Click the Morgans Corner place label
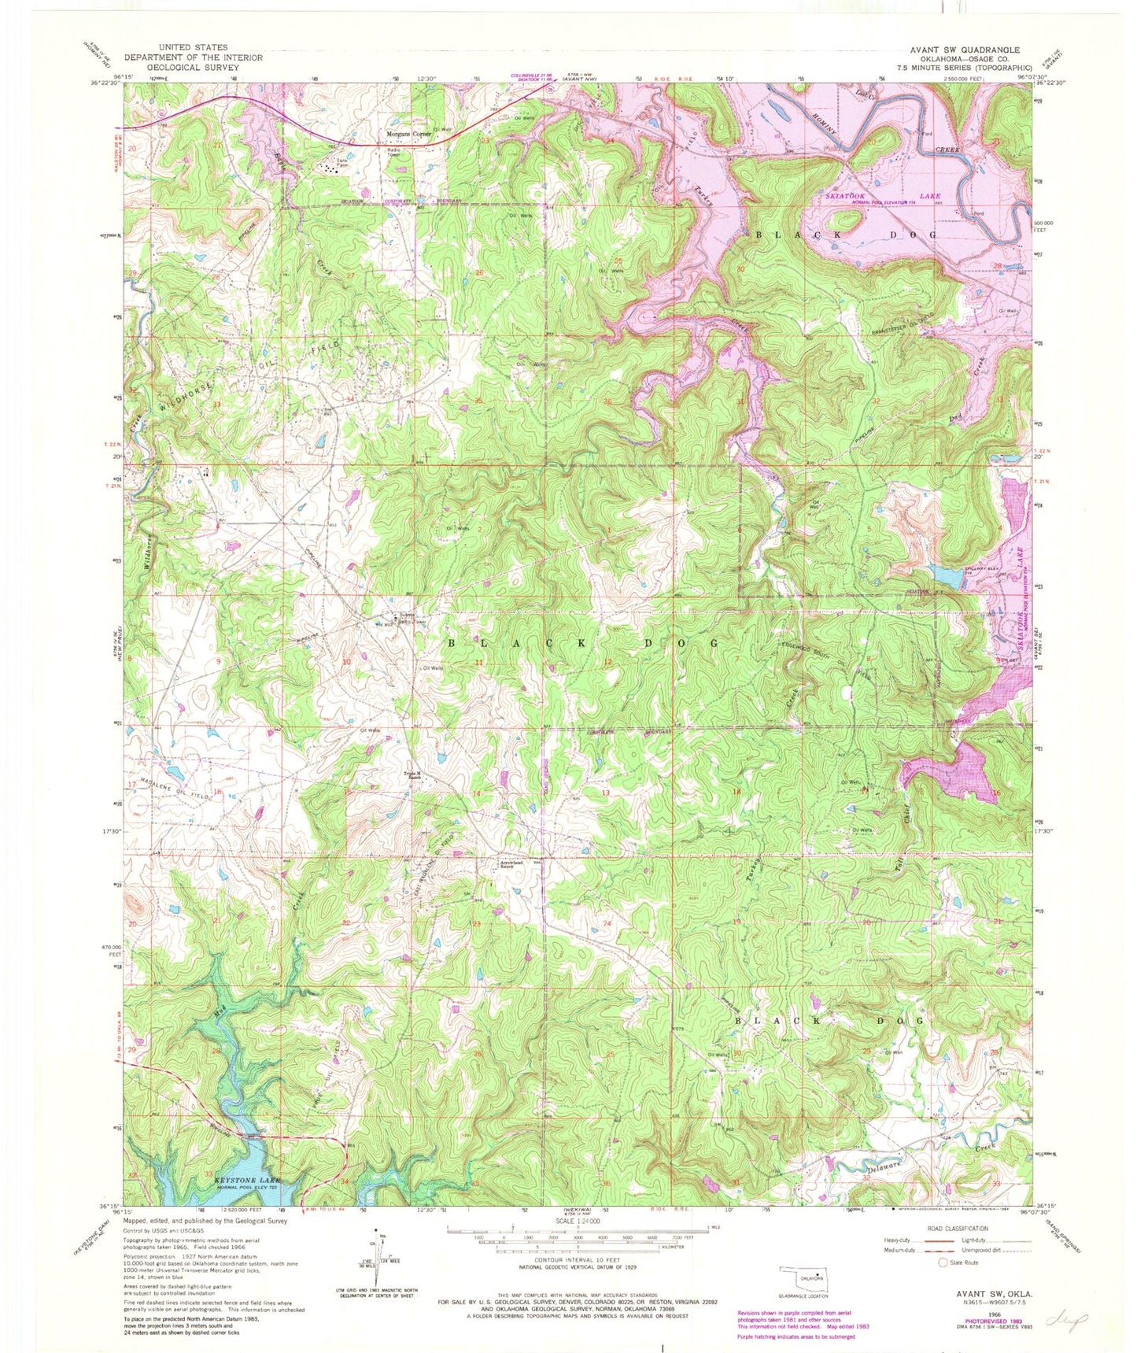pyautogui.click(x=410, y=135)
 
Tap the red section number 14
pyautogui.click(x=476, y=793)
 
